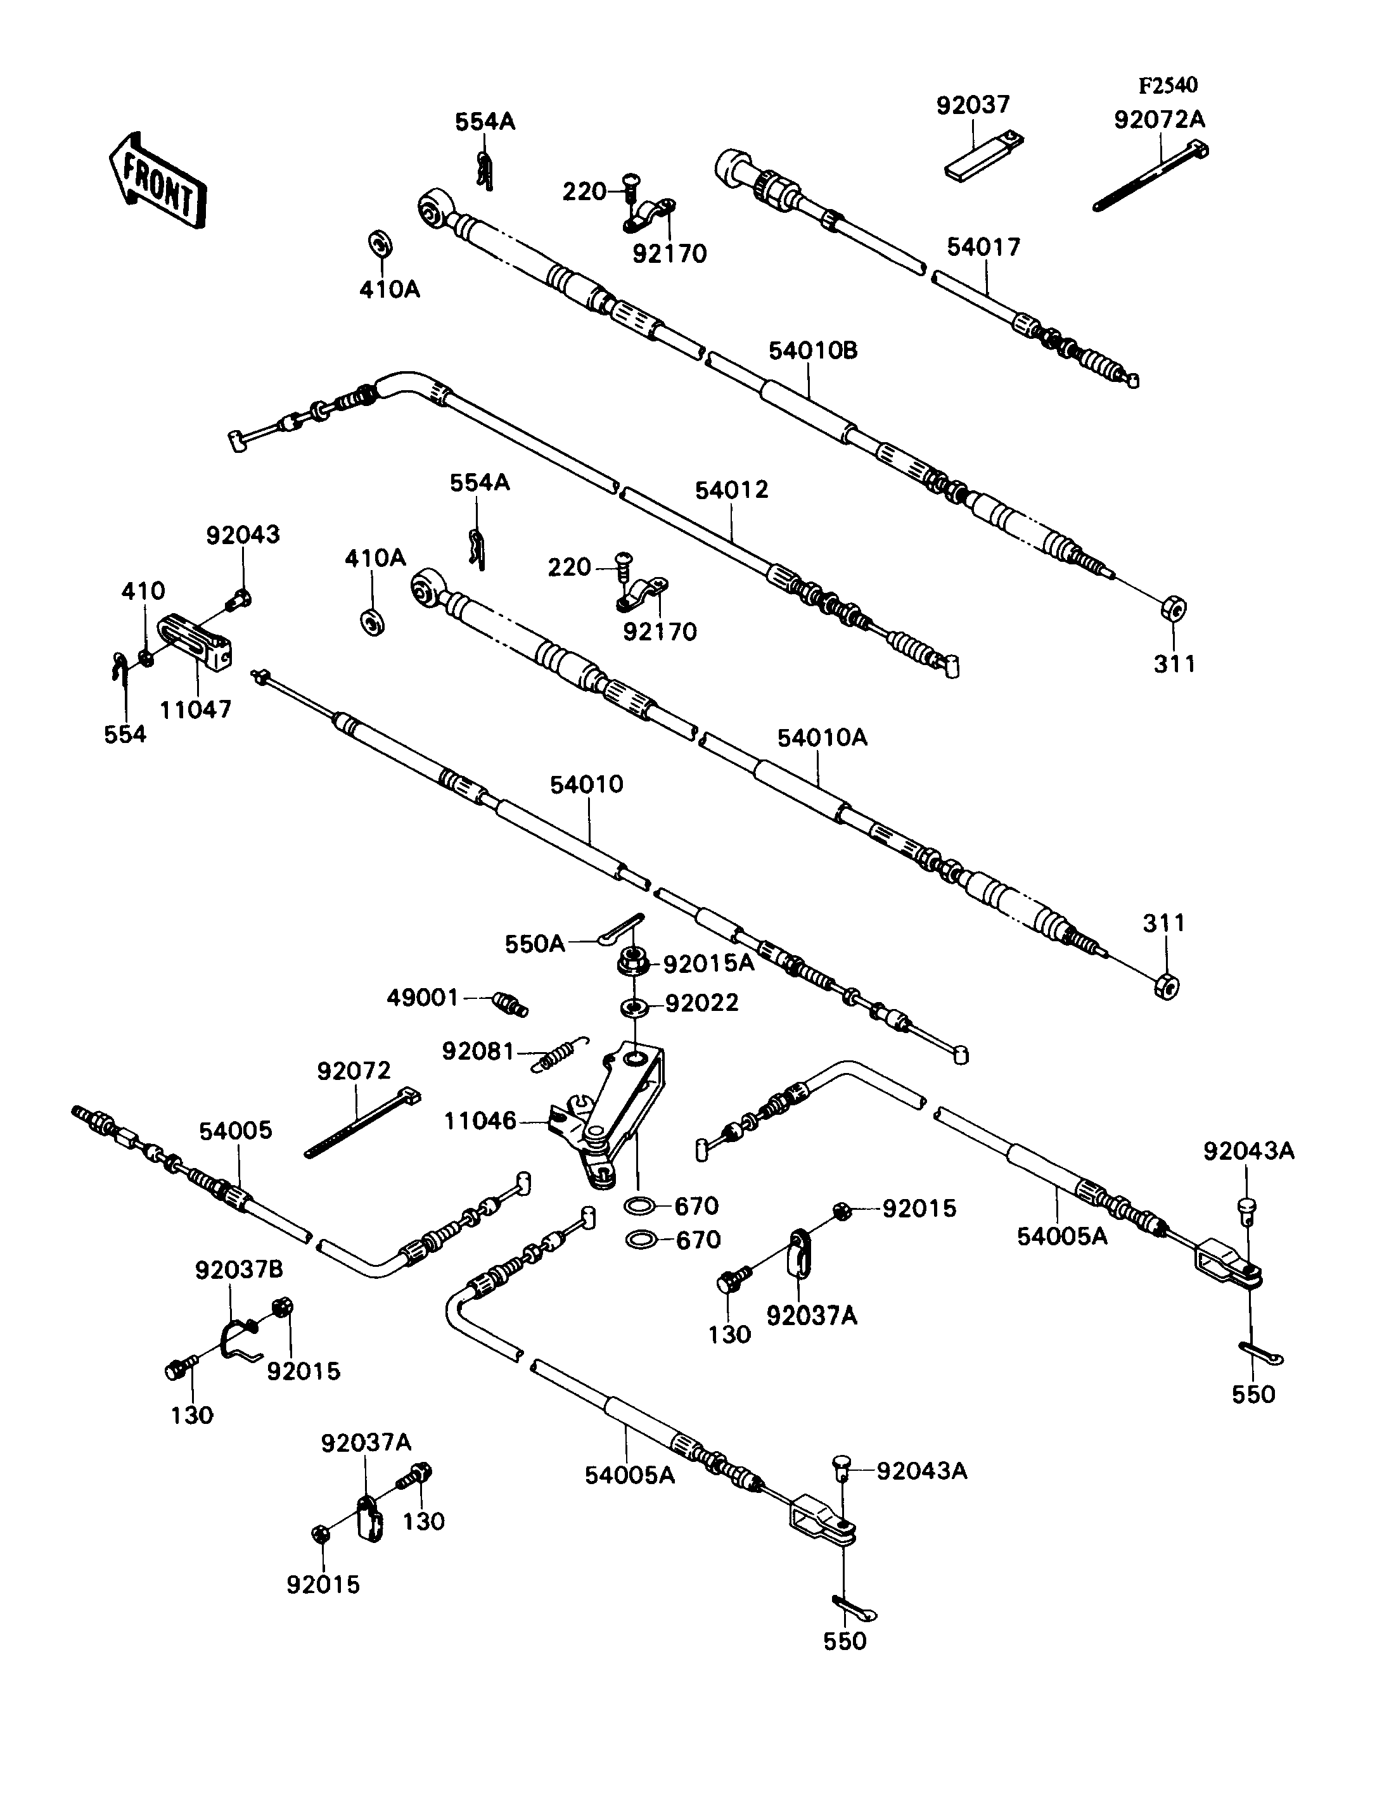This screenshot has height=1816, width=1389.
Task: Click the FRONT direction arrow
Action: [157, 180]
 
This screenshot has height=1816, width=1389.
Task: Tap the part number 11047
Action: [195, 709]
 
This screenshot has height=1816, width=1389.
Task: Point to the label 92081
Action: [478, 1051]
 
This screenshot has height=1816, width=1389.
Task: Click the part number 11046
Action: [480, 1121]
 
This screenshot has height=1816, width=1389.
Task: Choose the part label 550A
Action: [535, 944]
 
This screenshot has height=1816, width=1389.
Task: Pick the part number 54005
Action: [235, 1131]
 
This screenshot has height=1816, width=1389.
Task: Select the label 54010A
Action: [822, 737]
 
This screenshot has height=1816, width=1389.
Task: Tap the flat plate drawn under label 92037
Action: [983, 155]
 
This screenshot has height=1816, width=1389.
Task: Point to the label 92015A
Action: [708, 965]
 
